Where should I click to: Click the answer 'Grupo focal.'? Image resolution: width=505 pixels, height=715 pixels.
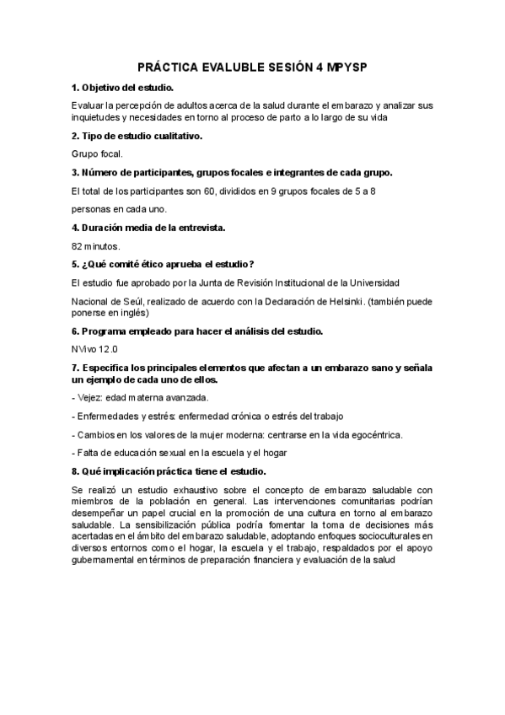(97, 153)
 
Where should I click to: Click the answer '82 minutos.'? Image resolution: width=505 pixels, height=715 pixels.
(96, 246)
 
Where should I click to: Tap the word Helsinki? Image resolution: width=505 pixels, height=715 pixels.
(339, 299)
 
